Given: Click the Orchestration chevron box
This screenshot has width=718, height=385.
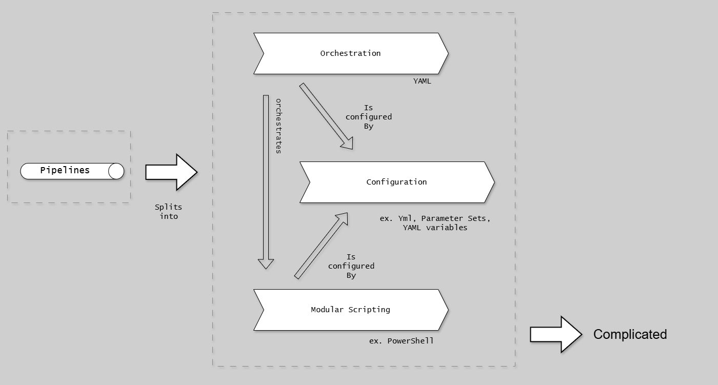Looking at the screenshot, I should (x=351, y=53).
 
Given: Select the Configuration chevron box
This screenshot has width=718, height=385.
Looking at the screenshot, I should (x=396, y=182).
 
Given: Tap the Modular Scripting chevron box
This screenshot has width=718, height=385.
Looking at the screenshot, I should (x=351, y=310).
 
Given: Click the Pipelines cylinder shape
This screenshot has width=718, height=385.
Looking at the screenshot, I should (x=72, y=171).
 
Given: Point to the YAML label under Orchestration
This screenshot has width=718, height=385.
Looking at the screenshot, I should (x=422, y=80).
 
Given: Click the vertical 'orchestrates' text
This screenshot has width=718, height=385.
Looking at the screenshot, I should (x=278, y=126).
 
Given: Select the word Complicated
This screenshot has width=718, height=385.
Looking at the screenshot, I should (x=630, y=334).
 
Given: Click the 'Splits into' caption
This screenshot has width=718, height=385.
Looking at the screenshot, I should (x=169, y=212).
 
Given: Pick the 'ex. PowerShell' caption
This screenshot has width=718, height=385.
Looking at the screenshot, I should (x=401, y=340).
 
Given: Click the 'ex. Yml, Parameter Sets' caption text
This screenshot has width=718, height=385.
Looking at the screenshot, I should (x=435, y=222).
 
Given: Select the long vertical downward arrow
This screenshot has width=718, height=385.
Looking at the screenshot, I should (x=266, y=179).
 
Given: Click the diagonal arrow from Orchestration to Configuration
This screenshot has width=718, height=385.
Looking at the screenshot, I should (x=326, y=116).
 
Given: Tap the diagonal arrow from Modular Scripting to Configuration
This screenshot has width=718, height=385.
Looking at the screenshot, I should (x=322, y=246).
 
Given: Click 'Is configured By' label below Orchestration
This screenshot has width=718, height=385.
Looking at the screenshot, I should (x=368, y=117).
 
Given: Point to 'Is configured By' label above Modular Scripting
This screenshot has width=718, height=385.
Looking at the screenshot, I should (x=351, y=266).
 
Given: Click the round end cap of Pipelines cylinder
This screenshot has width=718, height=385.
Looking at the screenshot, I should (x=116, y=171).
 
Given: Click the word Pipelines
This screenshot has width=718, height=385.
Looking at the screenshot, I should (x=65, y=170).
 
